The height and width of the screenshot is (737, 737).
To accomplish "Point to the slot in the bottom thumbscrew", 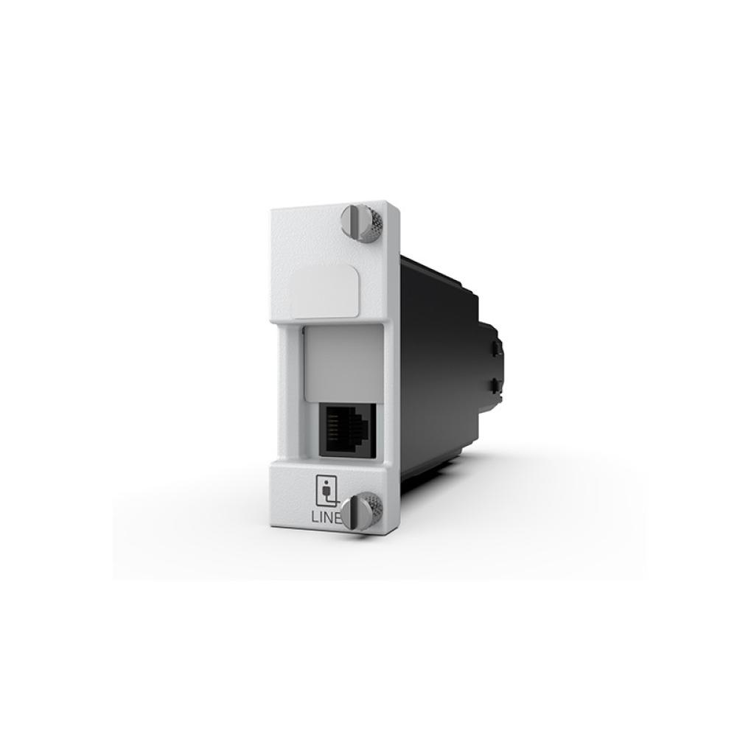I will (x=357, y=510).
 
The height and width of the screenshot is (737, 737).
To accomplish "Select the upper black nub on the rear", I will (x=495, y=346).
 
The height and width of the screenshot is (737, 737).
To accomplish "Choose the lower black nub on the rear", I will (x=495, y=384).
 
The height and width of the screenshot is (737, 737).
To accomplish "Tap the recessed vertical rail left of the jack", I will (x=290, y=398).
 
